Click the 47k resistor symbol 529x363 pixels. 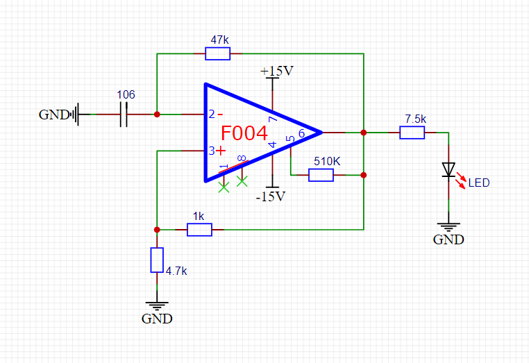coord(218,53)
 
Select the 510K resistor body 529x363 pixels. coord(321,175)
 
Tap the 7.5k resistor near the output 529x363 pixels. coord(412,132)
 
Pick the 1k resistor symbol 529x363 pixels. coord(199,229)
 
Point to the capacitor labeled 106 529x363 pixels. coord(125,114)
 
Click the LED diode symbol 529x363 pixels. coord(448,169)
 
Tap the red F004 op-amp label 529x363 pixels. coord(244,134)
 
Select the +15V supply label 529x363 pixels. coord(276,71)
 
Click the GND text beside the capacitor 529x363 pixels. coord(53,115)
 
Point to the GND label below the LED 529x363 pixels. coord(448,240)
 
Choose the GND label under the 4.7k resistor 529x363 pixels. coord(157,319)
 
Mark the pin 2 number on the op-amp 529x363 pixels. coord(211,114)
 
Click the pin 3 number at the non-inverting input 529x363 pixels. coord(211,151)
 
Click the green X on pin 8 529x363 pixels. coord(242,181)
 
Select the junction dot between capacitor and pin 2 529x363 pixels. coord(157,114)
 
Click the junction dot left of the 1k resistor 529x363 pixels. coord(157,229)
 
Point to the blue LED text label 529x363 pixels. coord(478,183)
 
